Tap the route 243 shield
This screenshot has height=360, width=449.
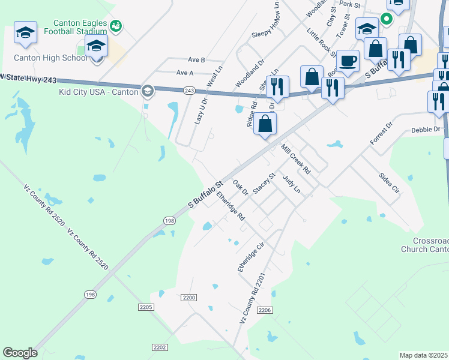pyautogui.click(x=190, y=90)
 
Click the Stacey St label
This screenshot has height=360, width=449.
pyautogui.click(x=264, y=183)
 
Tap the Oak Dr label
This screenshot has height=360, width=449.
pyautogui.click(x=240, y=187)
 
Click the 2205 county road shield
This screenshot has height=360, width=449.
pyautogui.click(x=146, y=307)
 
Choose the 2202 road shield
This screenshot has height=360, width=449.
pyautogui.click(x=160, y=347)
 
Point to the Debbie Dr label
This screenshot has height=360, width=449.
pyautogui.click(x=426, y=130)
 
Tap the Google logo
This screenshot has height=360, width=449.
pyautogui.click(x=20, y=353)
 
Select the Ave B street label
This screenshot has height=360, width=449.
pyautogui.click(x=197, y=60)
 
